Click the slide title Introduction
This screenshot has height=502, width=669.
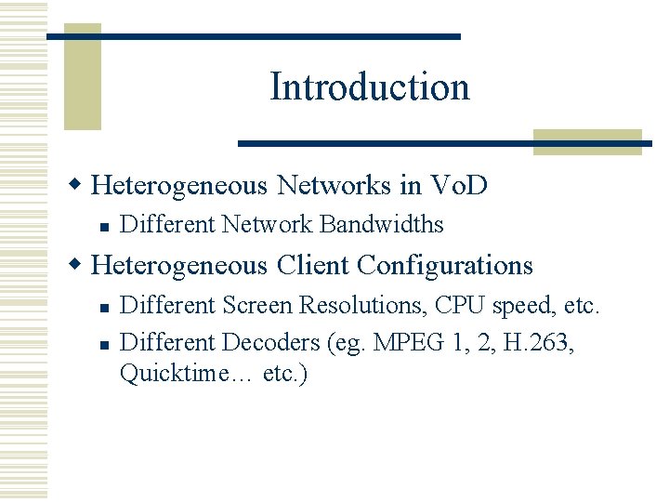tap(370, 87)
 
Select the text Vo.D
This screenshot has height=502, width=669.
tap(459, 185)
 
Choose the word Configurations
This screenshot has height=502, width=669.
tap(445, 265)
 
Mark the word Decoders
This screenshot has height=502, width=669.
tap(270, 342)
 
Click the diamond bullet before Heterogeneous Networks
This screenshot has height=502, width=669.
tap(81, 185)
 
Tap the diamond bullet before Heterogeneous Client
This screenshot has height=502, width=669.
tap(81, 265)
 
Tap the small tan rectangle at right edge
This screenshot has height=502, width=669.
tap(587, 141)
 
